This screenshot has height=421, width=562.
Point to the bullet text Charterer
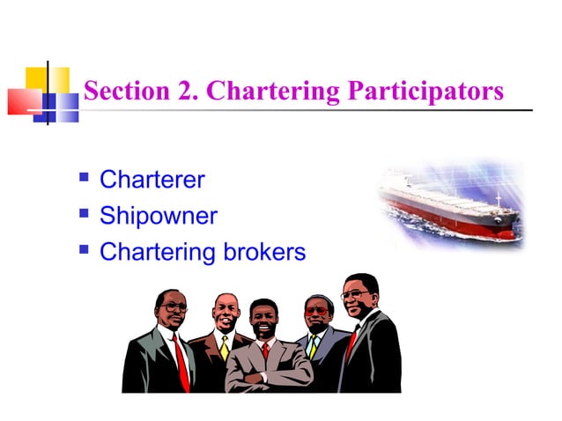[152, 181]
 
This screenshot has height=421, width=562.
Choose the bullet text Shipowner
[159, 216]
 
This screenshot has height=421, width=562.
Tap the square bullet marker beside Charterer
[85, 180]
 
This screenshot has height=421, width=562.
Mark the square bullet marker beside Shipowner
[85, 215]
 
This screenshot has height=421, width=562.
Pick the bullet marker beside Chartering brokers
[85, 251]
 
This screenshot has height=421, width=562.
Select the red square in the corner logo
[22, 100]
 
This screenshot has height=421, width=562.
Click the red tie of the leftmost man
[181, 361]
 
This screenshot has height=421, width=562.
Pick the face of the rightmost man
[359, 297]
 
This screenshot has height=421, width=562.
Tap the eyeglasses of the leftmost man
[174, 307]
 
